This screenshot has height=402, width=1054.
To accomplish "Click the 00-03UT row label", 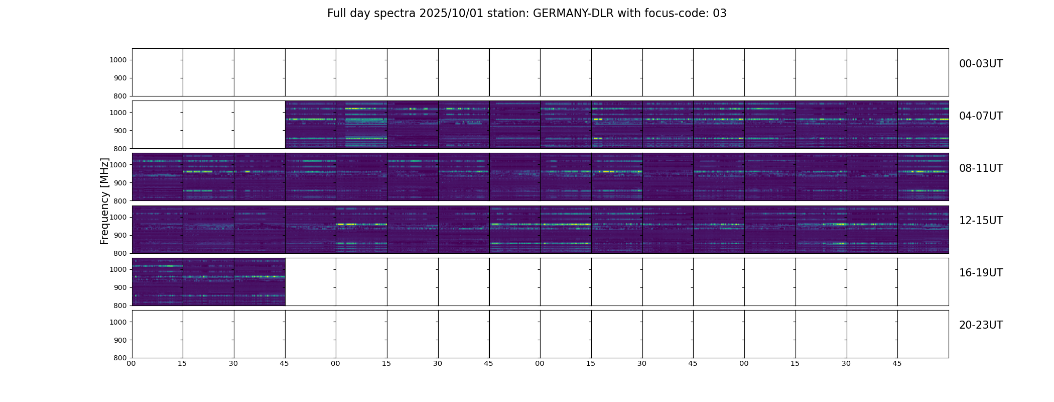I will (981, 64).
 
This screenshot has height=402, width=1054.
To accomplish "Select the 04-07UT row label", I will (981, 116).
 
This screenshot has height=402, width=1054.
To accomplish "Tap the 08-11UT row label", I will (981, 168).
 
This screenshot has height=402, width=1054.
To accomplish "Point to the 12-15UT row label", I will (981, 221).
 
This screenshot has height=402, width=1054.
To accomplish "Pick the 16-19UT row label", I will (981, 273).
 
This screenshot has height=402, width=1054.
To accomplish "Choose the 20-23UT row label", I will (981, 325).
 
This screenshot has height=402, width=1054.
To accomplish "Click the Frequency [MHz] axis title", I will (104, 201).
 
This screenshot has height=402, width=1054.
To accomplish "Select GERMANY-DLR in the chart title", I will (573, 14).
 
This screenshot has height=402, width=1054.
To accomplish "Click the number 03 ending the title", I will (720, 14).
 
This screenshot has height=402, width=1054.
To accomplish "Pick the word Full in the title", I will (336, 14).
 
